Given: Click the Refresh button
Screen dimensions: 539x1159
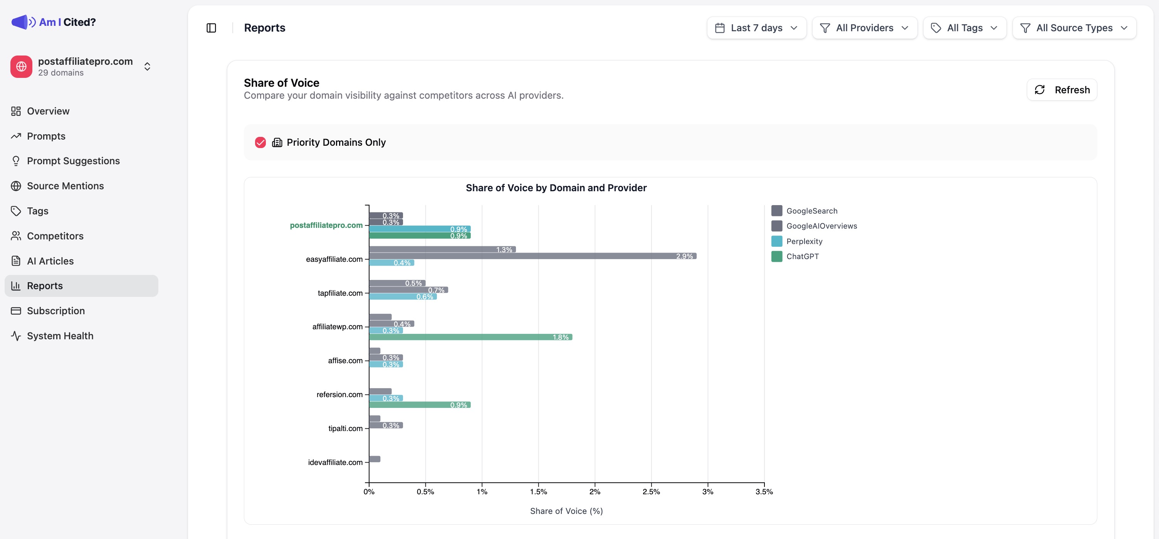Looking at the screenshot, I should (x=1062, y=89).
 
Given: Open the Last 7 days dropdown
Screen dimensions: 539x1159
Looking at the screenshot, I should (x=756, y=28).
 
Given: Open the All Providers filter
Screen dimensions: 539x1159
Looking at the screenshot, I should (x=864, y=28).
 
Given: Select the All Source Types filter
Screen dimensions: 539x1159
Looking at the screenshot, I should (x=1074, y=28).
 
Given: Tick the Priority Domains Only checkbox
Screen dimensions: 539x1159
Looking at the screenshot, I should (x=260, y=142).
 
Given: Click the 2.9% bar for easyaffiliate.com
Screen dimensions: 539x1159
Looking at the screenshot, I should (x=532, y=256).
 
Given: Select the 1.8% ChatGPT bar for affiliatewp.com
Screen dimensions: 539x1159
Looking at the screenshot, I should (x=470, y=337).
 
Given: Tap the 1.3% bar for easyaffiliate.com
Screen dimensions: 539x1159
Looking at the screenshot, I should (x=442, y=249).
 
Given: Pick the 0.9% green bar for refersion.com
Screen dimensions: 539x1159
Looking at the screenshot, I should (x=419, y=405).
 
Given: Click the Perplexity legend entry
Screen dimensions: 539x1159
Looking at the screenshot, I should (x=804, y=241).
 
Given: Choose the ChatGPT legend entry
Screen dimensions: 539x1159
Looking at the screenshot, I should (x=802, y=256).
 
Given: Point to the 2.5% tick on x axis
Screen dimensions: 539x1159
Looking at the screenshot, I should (x=651, y=491).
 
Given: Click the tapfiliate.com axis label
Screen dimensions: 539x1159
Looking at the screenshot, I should (x=340, y=293).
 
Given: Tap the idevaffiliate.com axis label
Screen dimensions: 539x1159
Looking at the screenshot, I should (x=335, y=462).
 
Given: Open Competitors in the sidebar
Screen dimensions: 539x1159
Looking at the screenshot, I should (x=55, y=236).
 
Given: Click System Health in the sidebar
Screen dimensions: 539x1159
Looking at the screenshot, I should (x=60, y=336).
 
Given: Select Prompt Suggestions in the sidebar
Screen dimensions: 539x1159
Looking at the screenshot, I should (x=73, y=161).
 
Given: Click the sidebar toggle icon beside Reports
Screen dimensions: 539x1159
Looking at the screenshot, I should (x=211, y=28).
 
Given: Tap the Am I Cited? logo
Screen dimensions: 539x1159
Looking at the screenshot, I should (x=54, y=22).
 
